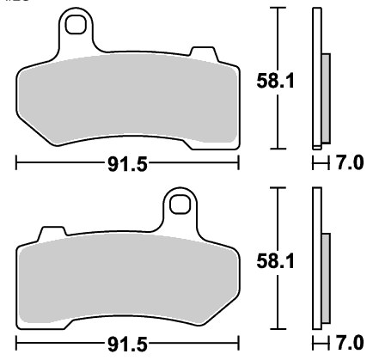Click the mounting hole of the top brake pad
(76, 25)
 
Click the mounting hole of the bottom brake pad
(180, 204)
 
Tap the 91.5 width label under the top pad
(127, 164)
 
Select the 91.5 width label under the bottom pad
(127, 344)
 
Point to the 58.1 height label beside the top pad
(275, 81)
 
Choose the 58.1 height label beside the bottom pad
(275, 261)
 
